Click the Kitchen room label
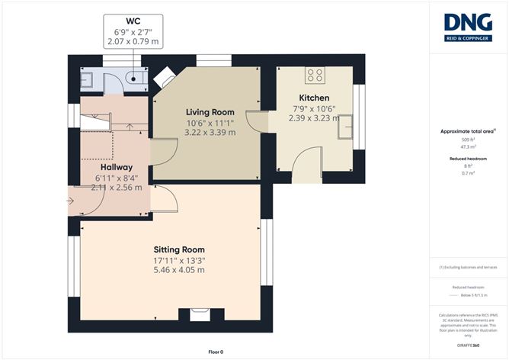(x=314, y=98)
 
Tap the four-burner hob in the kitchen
(x=315, y=75)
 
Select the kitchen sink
(x=346, y=127)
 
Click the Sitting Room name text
(x=179, y=249)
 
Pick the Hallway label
(x=117, y=167)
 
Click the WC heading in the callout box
(x=134, y=21)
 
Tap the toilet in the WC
(x=136, y=76)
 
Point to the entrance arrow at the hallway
(x=71, y=201)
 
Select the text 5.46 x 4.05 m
(x=179, y=270)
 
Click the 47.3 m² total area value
(x=467, y=148)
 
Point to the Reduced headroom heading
(x=467, y=159)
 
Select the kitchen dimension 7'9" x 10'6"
(x=314, y=108)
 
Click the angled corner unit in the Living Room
(x=164, y=76)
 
